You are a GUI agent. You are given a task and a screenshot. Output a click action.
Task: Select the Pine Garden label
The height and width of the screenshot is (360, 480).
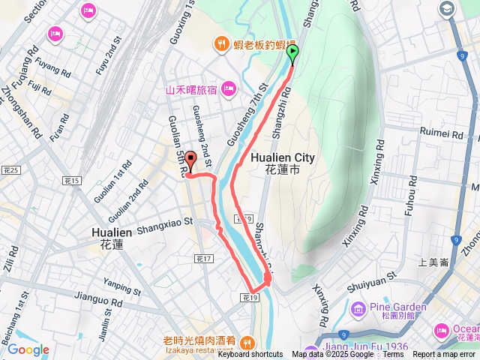tap(398, 307)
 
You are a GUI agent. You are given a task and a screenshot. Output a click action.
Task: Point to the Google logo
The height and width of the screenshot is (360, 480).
tap(28, 349)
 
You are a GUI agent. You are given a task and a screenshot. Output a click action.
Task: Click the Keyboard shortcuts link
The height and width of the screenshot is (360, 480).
tap(250, 355)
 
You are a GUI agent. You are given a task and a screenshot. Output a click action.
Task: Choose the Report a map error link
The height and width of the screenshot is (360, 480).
tap(444, 355)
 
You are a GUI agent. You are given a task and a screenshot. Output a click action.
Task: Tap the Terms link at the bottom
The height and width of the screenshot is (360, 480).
tap(393, 355)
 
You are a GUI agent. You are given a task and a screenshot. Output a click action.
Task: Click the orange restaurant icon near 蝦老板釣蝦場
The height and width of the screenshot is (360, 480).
tap(220, 43)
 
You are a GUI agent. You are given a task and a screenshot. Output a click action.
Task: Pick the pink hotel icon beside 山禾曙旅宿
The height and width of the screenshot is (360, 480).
tap(228, 89)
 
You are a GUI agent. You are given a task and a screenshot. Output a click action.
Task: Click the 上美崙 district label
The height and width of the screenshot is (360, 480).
tap(434, 262)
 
